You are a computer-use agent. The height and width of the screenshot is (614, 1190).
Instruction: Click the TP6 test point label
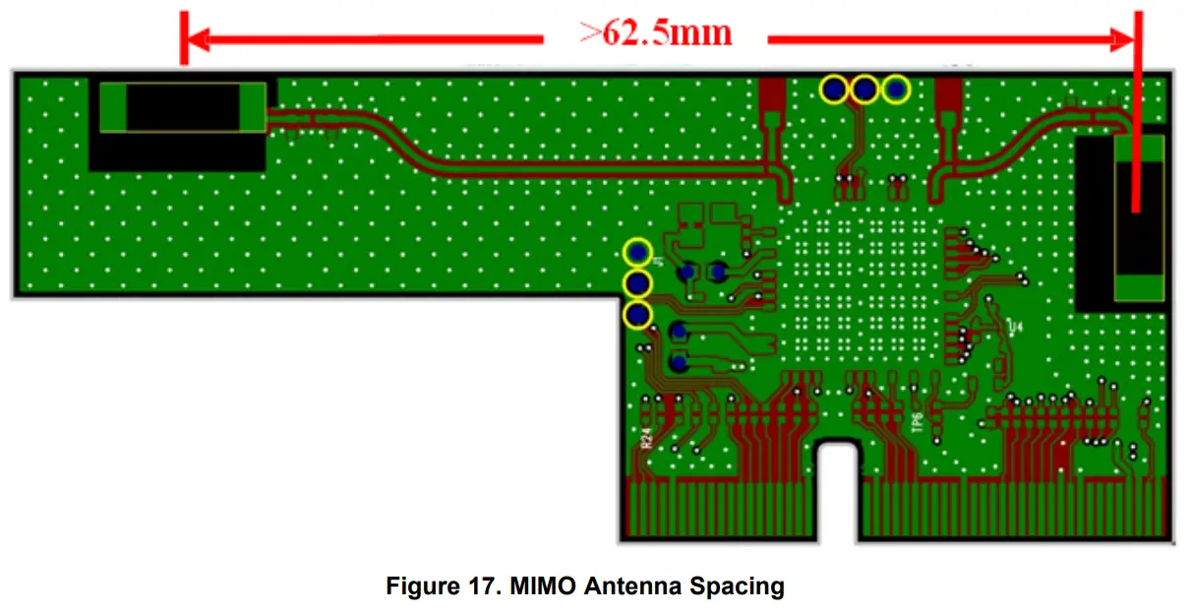[917, 423]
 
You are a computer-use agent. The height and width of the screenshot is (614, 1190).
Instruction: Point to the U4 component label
[1015, 326]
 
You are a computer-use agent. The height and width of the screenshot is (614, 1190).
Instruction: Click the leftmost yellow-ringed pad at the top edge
[834, 90]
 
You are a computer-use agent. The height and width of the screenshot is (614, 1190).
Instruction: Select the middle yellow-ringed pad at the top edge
[864, 90]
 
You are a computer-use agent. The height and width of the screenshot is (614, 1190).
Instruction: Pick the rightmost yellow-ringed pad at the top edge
[896, 90]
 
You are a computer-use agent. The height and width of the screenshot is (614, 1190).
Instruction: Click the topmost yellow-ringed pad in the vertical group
[638, 253]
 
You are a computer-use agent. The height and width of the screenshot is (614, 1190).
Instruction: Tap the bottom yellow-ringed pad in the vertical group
[638, 316]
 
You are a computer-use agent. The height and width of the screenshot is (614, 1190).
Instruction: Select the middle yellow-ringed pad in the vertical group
[638, 284]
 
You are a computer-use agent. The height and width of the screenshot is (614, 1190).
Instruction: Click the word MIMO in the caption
[544, 587]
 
